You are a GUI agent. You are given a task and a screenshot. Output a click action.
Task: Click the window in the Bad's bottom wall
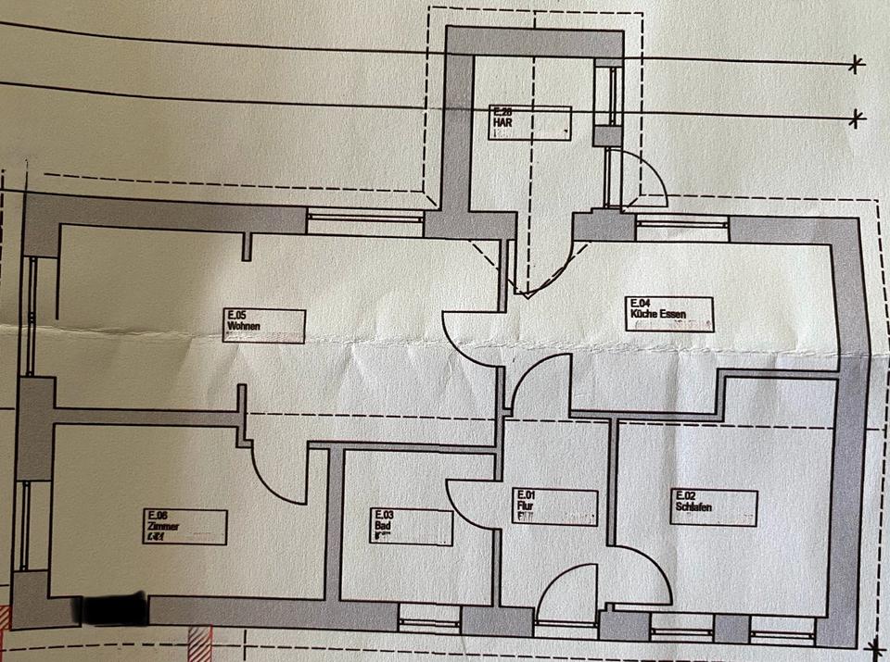429,615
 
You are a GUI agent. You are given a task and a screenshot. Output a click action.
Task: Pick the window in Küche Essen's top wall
681,222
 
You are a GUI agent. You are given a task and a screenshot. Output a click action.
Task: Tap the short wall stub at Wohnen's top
248,245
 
